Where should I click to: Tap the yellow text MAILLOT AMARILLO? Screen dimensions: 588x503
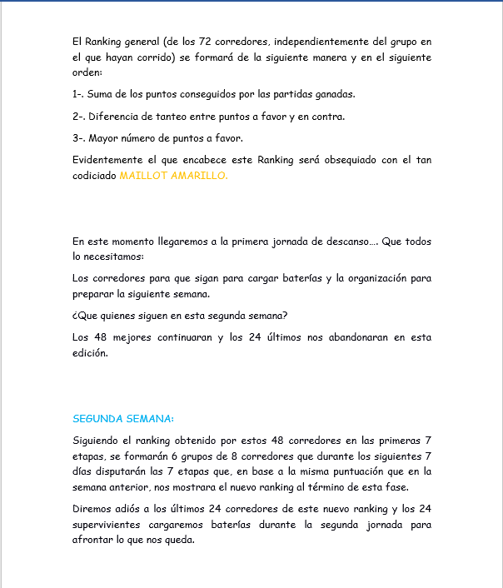[173, 176]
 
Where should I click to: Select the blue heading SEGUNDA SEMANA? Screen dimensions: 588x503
[123, 418]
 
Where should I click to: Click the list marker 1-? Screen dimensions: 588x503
[80, 94]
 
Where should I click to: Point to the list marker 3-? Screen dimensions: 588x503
[81, 137]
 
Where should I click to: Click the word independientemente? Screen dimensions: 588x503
[321, 41]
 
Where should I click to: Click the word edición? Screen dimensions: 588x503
[90, 353]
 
